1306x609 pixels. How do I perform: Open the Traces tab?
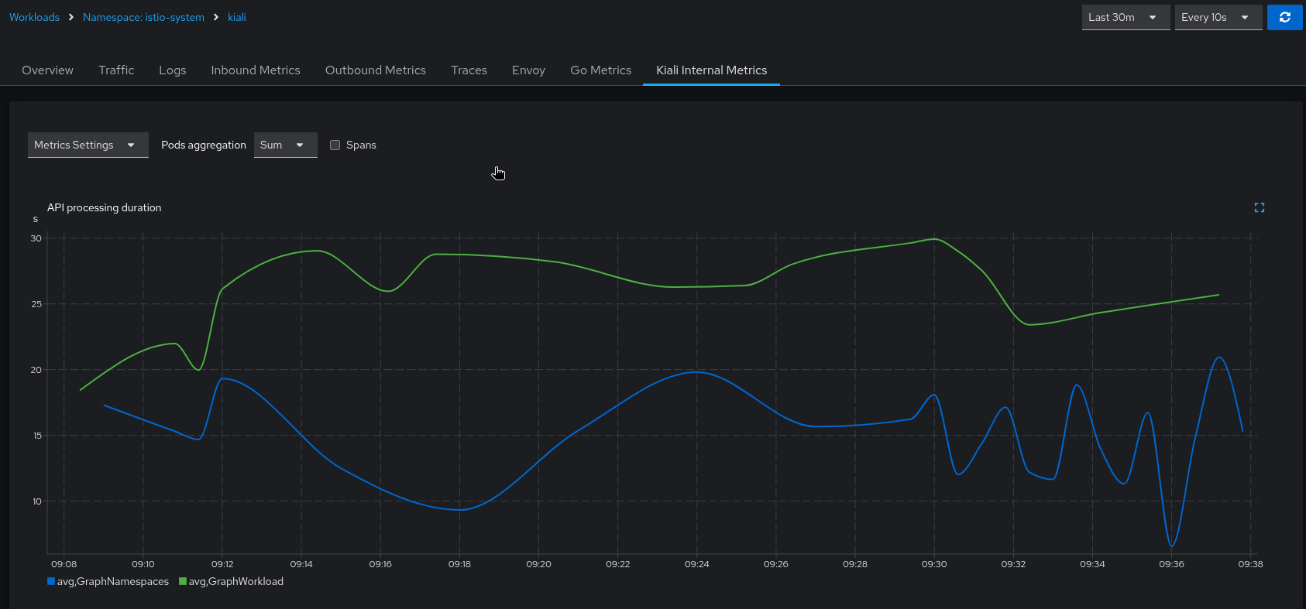(x=469, y=70)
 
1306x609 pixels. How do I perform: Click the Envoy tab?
(x=528, y=70)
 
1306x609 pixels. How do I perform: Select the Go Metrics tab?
(x=600, y=70)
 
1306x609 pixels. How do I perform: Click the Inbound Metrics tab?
(x=255, y=70)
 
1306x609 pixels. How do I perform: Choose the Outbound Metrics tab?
(x=375, y=70)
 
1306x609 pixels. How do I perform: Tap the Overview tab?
(x=47, y=70)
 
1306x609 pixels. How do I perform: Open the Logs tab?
(x=172, y=70)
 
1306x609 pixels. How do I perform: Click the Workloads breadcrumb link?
(x=34, y=17)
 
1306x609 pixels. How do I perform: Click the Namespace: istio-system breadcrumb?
(x=143, y=17)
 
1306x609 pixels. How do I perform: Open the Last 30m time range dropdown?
(x=1125, y=17)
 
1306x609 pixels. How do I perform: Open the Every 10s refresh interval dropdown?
(x=1218, y=17)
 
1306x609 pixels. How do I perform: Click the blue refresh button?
(x=1284, y=17)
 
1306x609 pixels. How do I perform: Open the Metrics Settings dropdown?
(x=88, y=145)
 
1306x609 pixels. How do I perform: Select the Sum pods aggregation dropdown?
(x=285, y=145)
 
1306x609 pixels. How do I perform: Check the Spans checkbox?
(x=335, y=145)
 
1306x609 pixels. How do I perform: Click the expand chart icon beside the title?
(x=1259, y=207)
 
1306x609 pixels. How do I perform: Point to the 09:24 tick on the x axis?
(x=696, y=564)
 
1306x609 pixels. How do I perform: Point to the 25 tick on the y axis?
(x=36, y=304)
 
